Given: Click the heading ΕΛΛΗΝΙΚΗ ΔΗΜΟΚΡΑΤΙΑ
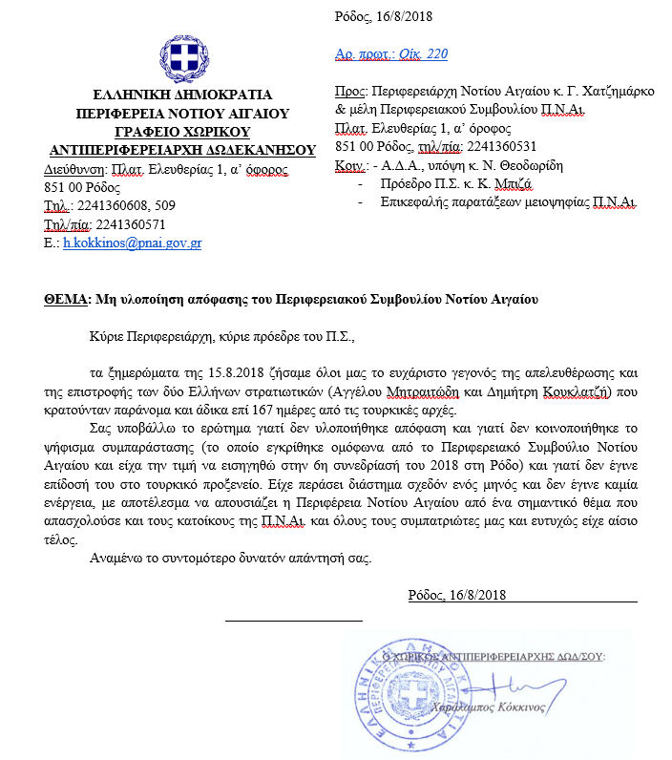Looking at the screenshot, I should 181,95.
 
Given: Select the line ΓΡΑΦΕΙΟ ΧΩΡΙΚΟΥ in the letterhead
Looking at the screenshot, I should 181,131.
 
